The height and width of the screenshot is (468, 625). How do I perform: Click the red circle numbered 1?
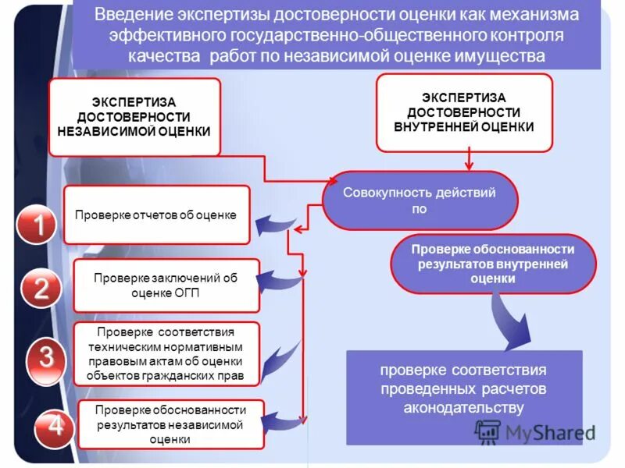pyautogui.click(x=37, y=226)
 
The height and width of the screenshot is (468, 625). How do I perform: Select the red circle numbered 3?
pyautogui.click(x=48, y=358)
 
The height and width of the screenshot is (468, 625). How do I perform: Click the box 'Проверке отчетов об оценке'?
pyautogui.click(x=156, y=214)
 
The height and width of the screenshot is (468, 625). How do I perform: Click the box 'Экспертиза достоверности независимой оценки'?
pyautogui.click(x=134, y=117)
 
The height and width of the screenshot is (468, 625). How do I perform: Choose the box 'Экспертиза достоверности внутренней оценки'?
pyautogui.click(x=464, y=112)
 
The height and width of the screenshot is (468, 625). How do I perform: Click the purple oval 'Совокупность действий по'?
pyautogui.click(x=420, y=200)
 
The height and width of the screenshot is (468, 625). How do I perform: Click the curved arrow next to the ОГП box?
pyautogui.click(x=278, y=278)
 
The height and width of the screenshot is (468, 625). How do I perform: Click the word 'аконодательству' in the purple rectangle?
pyautogui.click(x=464, y=407)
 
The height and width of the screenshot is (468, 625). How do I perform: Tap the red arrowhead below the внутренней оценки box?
pyautogui.click(x=469, y=165)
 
